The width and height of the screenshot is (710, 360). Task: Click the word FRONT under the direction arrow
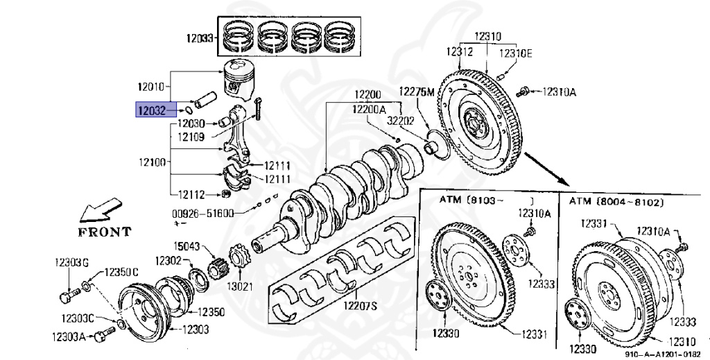point(104,231)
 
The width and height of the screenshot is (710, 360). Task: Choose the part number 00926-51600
point(202,213)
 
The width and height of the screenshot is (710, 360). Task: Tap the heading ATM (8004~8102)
point(616,201)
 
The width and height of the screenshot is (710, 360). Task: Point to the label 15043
point(187,246)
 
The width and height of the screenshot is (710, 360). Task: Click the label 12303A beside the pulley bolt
point(68,336)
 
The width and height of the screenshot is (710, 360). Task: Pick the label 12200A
point(369,109)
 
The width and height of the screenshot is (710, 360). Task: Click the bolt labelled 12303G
point(66,297)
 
